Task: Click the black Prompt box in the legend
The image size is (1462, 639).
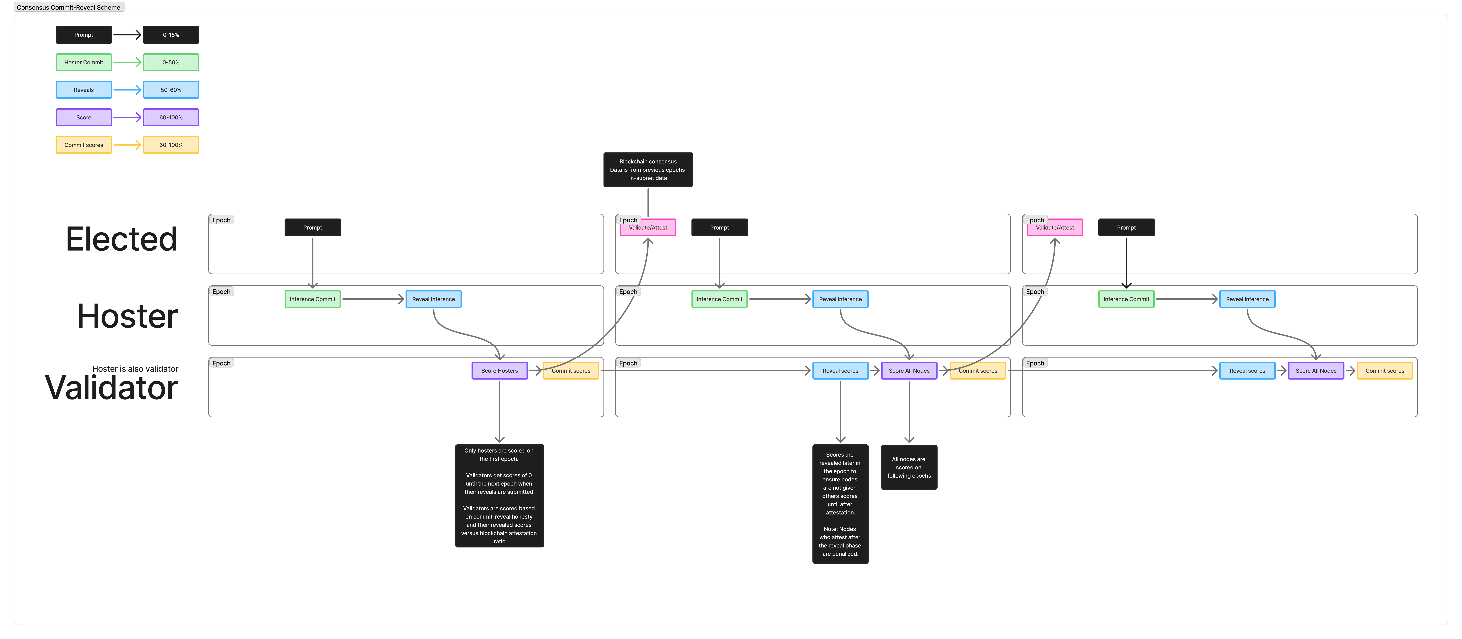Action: [x=84, y=35]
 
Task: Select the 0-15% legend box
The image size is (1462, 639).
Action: [x=171, y=35]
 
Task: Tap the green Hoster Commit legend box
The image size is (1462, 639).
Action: [x=84, y=62]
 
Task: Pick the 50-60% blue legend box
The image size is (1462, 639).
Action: [x=171, y=90]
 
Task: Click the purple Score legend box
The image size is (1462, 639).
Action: [x=84, y=118]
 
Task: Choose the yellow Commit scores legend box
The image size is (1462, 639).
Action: [x=84, y=145]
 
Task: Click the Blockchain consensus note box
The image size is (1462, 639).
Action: [x=647, y=169]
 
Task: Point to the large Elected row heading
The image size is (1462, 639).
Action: [x=121, y=239]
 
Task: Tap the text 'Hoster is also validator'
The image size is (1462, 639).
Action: [x=135, y=369]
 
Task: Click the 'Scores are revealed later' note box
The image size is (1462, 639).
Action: [x=840, y=504]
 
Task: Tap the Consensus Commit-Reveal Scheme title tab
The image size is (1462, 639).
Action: [x=69, y=7]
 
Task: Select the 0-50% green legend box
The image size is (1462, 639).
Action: [x=171, y=62]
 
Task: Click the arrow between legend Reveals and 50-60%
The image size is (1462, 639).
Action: [x=127, y=90]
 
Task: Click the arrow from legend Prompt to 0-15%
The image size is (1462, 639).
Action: [x=127, y=35]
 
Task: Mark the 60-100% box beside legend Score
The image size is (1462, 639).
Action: [x=171, y=118]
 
